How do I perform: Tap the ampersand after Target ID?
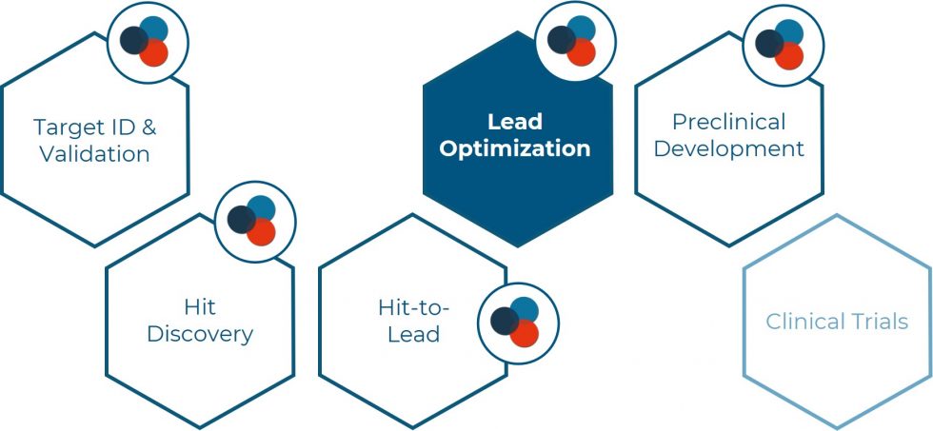[149, 127]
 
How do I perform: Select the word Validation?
[94, 154]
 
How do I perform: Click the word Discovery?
[200, 334]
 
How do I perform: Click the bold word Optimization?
[515, 148]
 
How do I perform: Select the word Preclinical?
[729, 122]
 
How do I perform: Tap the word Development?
[729, 148]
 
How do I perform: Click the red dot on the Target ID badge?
[154, 52]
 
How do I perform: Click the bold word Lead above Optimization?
[515, 122]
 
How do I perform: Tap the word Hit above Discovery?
[200, 306]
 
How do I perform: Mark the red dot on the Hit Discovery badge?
[261, 232]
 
